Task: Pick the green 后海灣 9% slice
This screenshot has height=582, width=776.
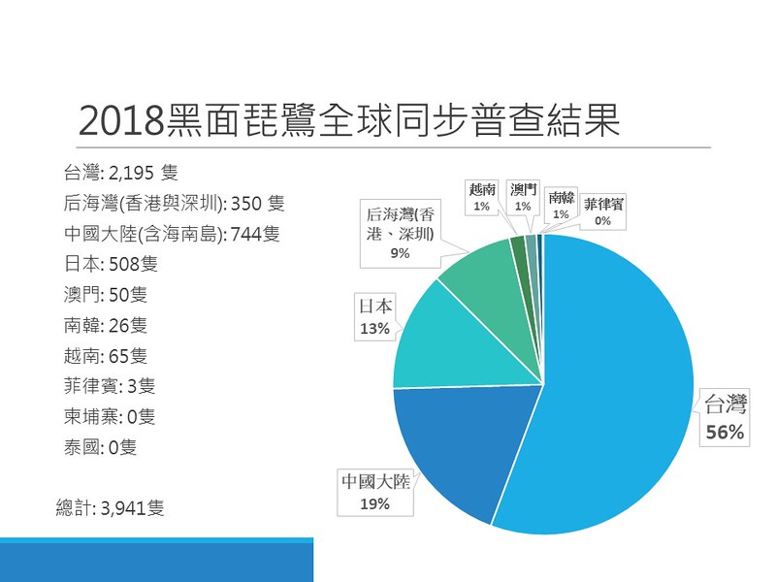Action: tap(490, 287)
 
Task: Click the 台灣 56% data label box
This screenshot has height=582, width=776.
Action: tap(725, 418)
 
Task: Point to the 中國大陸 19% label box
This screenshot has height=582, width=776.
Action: tap(375, 493)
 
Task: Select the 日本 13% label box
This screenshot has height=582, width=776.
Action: tap(375, 317)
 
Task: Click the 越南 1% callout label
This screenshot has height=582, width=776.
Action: tap(481, 198)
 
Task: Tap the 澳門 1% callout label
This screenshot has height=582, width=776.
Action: tap(523, 198)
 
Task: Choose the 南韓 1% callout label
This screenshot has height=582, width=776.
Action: tap(561, 205)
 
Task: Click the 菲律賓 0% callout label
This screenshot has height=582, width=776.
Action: tap(602, 211)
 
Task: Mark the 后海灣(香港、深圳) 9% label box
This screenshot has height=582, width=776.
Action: tap(400, 234)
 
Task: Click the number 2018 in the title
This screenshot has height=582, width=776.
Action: tap(121, 121)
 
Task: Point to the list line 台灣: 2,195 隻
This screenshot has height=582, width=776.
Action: tap(120, 173)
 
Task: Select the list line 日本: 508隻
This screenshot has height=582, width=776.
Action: tap(111, 264)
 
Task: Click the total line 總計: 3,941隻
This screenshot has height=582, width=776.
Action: tap(110, 507)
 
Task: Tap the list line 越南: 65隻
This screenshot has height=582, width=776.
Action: tap(106, 356)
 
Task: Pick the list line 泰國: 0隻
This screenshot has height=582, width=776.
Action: tap(100, 447)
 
